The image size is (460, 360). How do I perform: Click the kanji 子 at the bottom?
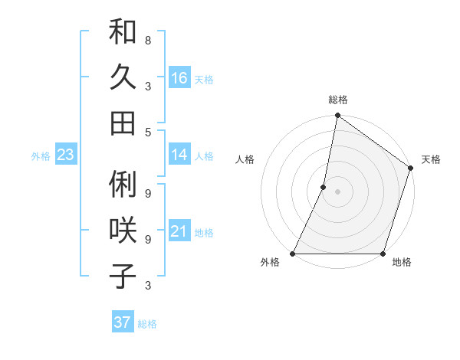coord(123,276)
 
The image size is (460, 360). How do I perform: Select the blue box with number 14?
coord(179,155)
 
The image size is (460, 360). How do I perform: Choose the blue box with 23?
coord(65,155)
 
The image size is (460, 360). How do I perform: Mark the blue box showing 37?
coord(122,322)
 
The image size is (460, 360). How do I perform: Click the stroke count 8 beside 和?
coord(148,40)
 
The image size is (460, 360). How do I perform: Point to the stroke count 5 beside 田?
coord(148,132)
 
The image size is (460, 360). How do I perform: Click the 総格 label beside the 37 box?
coord(147,324)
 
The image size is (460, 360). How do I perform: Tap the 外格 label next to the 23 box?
coord(41,156)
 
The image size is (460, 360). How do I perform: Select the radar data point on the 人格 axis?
coord(324,187)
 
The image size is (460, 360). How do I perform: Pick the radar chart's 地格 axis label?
coord(402,263)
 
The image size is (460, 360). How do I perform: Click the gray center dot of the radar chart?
coord(337,191)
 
